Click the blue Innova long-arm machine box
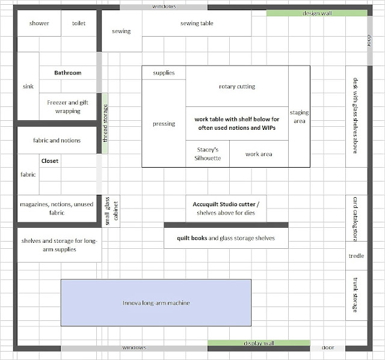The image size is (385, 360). pos(156,303)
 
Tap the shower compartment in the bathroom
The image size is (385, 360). pos(39,23)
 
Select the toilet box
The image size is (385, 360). pos(79,23)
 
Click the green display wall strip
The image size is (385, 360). pos(259,343)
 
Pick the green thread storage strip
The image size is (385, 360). pos(105,123)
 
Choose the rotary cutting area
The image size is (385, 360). pos(236,87)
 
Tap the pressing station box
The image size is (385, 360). pos(164,124)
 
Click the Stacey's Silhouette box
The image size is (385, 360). pos(208,154)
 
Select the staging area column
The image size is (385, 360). pos(299,117)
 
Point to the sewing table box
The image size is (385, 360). pos(197,24)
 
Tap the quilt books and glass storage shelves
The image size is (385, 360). pos(226,238)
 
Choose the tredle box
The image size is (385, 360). pos(356,256)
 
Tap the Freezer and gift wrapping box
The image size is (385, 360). pos(67,106)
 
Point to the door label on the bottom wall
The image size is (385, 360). pos(328,347)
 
